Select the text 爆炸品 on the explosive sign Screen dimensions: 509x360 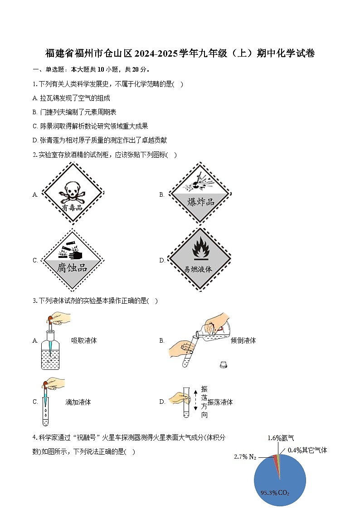(200, 202)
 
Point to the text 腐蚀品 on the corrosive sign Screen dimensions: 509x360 (72, 267)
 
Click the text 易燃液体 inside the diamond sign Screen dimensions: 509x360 (198, 269)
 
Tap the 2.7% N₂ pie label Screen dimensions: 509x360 (245, 456)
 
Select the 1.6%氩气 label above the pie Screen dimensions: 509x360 (281, 438)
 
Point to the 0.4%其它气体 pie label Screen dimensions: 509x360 (307, 450)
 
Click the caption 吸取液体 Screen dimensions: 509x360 (84, 340)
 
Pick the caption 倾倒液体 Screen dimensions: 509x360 (243, 340)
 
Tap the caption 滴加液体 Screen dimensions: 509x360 (78, 402)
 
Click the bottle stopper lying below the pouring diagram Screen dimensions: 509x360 (223, 364)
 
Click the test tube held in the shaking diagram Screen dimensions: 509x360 (186, 402)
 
